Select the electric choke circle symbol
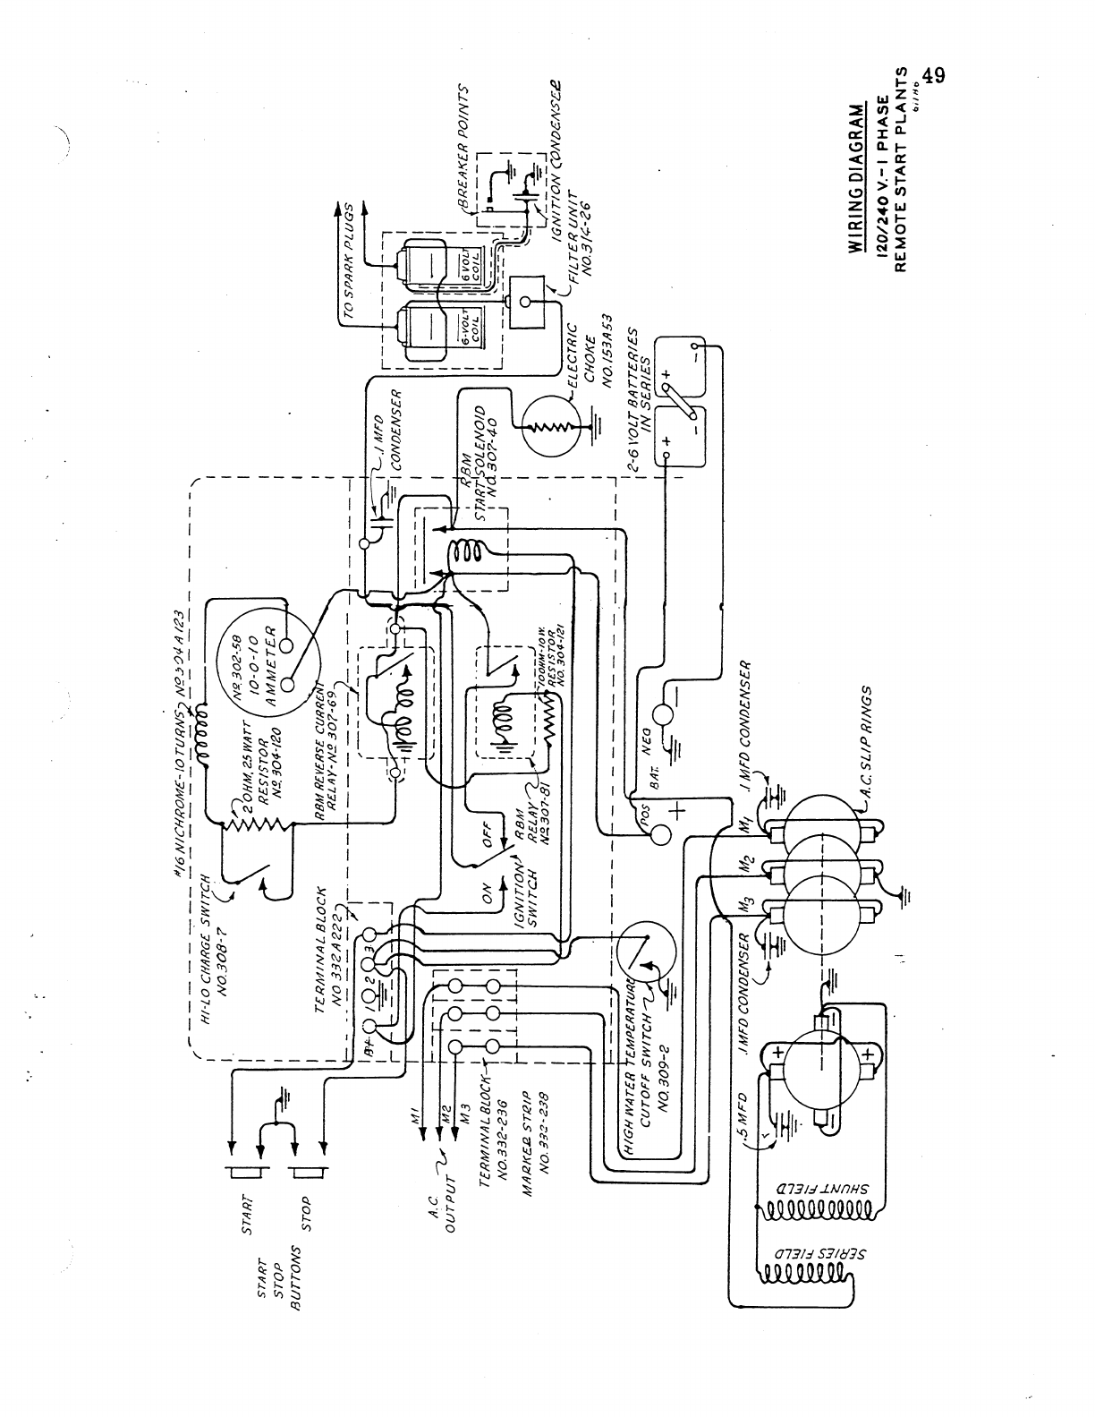pyautogui.click(x=551, y=426)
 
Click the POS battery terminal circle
pyautogui.click(x=661, y=833)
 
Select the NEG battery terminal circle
pyautogui.click(x=663, y=713)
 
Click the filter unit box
pyautogui.click(x=529, y=301)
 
